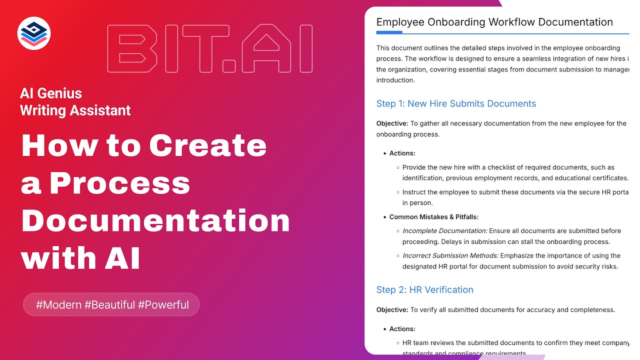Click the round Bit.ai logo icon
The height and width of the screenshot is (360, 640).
click(34, 33)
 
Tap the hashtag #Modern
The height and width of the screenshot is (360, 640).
click(58, 304)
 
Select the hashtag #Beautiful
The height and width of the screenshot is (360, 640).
click(110, 304)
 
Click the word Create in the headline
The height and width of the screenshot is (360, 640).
click(208, 145)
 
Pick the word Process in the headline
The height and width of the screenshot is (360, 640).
click(120, 183)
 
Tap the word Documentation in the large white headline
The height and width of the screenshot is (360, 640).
click(155, 220)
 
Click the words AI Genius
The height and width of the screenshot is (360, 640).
click(51, 93)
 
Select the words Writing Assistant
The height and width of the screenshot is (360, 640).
click(75, 110)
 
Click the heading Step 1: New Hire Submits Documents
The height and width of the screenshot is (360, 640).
click(456, 103)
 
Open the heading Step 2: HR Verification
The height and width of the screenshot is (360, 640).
click(424, 289)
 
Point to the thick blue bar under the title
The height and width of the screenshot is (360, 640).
click(389, 32)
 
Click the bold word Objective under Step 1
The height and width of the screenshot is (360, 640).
click(392, 123)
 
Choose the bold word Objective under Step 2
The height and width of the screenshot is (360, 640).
click(392, 309)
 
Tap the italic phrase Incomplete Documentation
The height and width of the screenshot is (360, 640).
click(444, 231)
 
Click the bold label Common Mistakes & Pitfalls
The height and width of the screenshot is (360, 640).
click(434, 217)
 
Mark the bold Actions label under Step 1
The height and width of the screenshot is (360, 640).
click(402, 153)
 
